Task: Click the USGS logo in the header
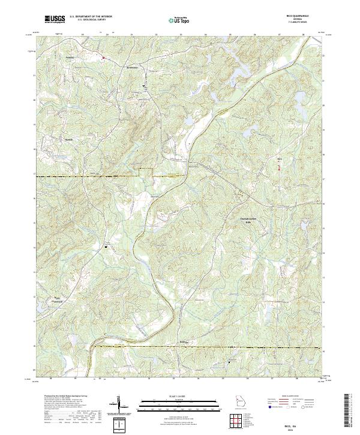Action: (x=54, y=19)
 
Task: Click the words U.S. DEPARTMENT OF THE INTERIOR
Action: (x=91, y=17)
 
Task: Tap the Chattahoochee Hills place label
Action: (x=243, y=220)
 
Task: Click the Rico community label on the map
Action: (x=278, y=159)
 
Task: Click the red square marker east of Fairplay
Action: (x=103, y=58)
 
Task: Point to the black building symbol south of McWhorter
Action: (x=143, y=86)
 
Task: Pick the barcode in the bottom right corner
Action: (x=350, y=409)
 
